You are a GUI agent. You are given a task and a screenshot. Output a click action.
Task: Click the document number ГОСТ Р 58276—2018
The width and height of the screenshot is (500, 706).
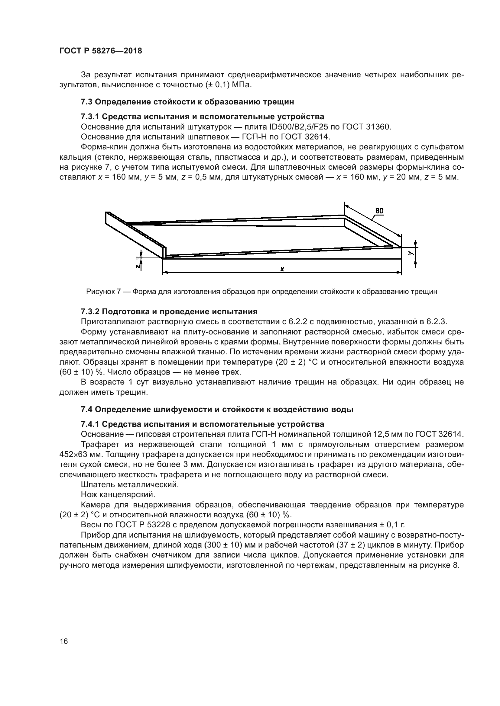100,51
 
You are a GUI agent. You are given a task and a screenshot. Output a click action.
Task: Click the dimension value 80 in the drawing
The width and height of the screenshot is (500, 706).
379,211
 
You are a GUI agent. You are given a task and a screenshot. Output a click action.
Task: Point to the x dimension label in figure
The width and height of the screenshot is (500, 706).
282,269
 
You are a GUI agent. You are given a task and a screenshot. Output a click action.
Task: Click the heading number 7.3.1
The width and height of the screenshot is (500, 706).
90,117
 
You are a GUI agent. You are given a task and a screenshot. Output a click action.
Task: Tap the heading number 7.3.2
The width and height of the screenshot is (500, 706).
90,311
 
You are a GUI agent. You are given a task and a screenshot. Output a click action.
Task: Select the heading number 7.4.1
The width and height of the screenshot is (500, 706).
90,424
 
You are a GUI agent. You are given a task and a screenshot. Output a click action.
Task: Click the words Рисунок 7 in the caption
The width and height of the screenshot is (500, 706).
103,292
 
